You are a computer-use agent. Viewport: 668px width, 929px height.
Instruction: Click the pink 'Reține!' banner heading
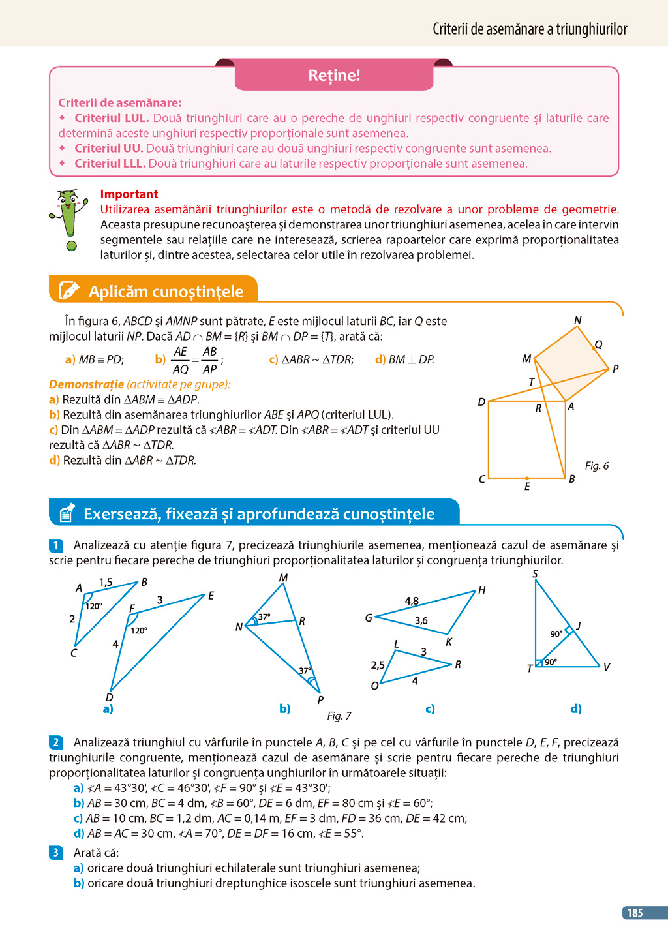point(334,76)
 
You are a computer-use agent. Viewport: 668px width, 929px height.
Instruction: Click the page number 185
point(635,913)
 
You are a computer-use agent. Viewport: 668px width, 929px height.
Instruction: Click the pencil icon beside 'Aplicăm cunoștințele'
point(68,291)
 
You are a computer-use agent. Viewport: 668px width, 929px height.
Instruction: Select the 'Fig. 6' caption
point(596,466)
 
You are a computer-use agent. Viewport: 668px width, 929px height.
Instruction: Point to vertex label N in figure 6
point(577,320)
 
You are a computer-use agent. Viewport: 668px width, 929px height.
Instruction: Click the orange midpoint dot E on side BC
point(527,479)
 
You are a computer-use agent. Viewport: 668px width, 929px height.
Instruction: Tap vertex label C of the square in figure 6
point(481,480)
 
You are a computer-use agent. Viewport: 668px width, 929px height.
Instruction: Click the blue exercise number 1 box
point(56,545)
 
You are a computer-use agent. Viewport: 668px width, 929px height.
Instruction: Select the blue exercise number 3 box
point(56,853)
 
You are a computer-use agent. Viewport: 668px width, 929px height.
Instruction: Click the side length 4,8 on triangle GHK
point(412,602)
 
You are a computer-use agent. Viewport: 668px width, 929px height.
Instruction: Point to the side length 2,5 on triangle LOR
point(378,665)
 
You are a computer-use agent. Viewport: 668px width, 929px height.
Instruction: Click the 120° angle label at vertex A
point(94,606)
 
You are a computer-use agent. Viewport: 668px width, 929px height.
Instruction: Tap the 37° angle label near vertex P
point(305,671)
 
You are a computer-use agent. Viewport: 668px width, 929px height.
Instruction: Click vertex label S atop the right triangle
point(535,574)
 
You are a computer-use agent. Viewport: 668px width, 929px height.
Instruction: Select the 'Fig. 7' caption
point(339,716)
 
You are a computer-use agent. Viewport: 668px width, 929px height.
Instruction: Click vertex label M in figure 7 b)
point(283,578)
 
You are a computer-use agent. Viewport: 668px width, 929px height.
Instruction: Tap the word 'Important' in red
point(129,194)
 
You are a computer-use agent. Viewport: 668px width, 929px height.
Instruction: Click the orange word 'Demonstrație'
point(86,385)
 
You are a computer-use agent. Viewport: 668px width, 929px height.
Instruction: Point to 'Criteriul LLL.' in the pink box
point(110,164)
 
